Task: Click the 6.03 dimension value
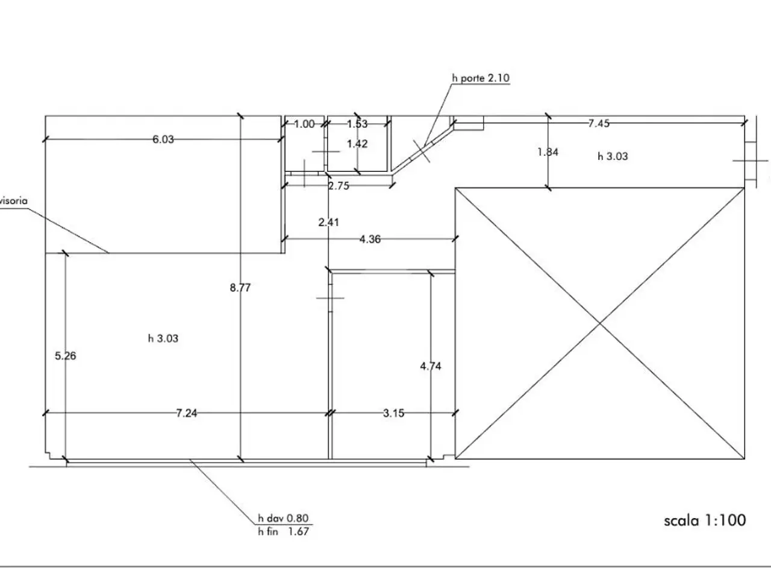point(163,139)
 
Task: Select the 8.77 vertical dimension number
point(240,288)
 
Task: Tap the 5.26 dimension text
point(65,356)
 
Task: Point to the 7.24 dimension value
point(187,413)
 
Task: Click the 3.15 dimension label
point(393,413)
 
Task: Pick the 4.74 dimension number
point(431,366)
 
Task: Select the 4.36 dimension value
point(370,239)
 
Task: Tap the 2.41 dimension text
point(329,222)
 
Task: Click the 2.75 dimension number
point(339,186)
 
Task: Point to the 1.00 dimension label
point(304,124)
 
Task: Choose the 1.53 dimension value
point(357,124)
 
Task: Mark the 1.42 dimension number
point(357,144)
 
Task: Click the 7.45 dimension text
point(599,124)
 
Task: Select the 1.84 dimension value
point(548,152)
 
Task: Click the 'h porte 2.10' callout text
point(481,78)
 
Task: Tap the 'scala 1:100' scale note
point(705,520)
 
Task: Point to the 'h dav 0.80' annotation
point(283,518)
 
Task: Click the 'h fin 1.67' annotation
point(284,531)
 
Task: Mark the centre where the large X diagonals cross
point(600,323)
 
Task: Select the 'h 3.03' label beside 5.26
point(163,338)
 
